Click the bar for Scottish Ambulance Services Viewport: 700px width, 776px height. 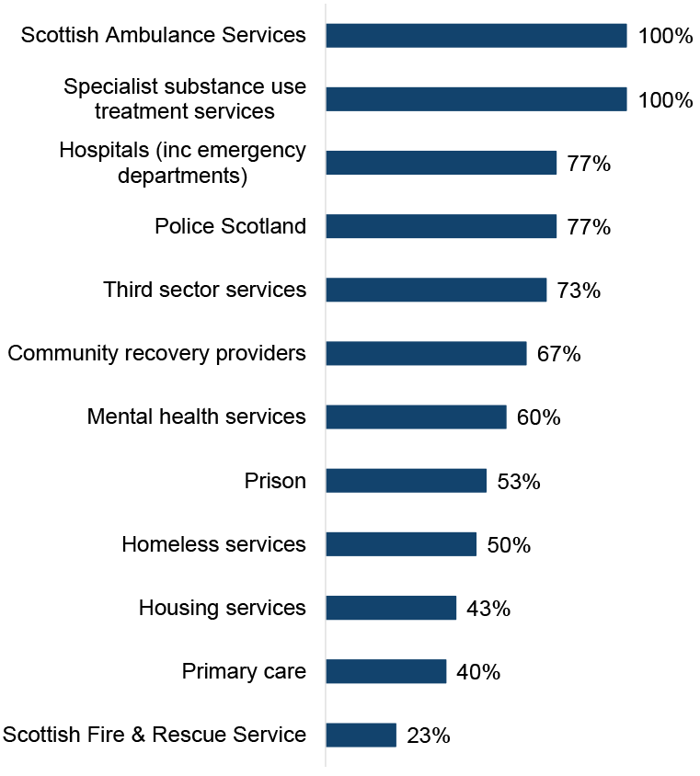476,36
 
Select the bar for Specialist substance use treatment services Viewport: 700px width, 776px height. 476,99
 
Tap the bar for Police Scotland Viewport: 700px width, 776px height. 441,226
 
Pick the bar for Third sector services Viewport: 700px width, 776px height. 436,291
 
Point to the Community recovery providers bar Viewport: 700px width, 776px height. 426,354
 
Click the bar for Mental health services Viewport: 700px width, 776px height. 416,417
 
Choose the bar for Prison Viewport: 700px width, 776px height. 406,481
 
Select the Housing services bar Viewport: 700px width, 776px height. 391,608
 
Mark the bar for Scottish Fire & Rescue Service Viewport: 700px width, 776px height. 361,735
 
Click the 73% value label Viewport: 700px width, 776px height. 579,291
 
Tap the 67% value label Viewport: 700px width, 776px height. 558,354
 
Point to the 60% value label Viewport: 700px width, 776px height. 538,417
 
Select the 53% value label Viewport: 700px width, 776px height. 518,481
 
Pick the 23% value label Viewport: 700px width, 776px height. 428,735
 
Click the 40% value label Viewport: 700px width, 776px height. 478,671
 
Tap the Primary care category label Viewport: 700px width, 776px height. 244,671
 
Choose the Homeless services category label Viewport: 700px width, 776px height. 213,544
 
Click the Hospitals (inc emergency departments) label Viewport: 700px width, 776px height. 182,163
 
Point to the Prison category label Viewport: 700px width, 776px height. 275,481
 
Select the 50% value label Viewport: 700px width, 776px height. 509,544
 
